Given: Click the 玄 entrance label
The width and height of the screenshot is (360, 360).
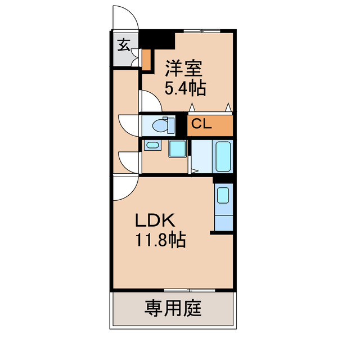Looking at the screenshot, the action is [124, 44].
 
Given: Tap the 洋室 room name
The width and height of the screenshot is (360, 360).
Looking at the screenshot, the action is [184, 68].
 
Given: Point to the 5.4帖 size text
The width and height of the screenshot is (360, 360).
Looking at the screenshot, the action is [185, 88].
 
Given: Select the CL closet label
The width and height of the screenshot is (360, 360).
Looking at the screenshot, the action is [201, 124].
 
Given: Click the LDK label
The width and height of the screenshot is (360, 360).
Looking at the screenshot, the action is [155, 220].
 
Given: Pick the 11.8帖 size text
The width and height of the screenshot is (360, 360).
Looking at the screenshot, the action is [160, 240].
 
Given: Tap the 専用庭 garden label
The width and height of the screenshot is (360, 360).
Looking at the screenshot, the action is [173, 308].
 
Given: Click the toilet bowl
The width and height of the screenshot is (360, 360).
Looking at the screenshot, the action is [163, 125].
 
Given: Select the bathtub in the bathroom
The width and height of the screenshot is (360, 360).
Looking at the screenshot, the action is [223, 156].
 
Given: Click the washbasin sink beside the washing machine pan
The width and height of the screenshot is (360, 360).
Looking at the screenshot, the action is [152, 145].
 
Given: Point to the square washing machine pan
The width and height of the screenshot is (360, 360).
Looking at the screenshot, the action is [178, 148].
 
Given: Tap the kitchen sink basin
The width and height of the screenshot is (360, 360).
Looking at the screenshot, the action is [223, 195].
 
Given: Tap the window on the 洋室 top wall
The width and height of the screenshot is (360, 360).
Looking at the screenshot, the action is [202, 31].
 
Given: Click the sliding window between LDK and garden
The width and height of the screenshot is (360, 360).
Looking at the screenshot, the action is [190, 290].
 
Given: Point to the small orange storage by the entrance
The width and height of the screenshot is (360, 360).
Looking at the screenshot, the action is [146, 60].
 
